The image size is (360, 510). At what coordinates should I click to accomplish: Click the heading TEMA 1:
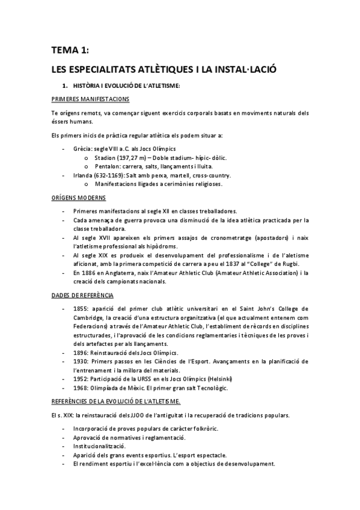pos(70,51)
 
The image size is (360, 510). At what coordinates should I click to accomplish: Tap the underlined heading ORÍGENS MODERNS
pos(79,197)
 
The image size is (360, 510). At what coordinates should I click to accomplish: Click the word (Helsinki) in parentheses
pos(216,379)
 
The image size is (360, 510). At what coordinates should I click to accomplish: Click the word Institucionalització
pos(99,447)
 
